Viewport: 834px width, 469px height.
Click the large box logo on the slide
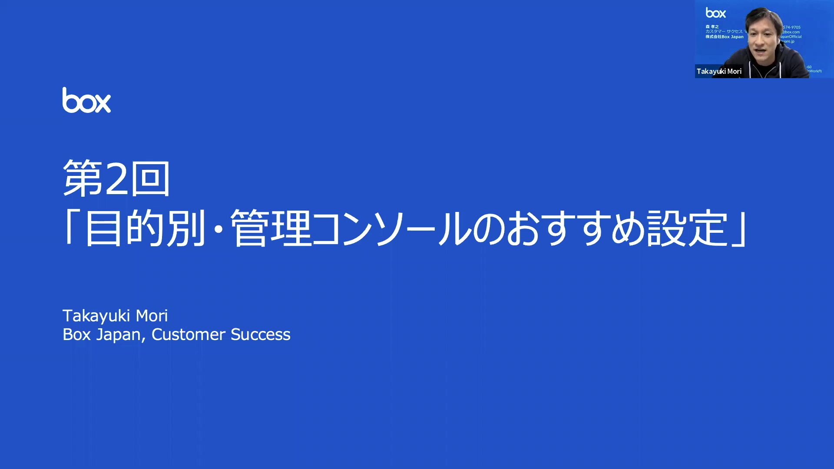coord(86,101)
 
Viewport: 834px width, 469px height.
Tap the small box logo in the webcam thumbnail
coord(715,13)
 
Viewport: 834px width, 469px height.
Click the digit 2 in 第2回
coord(116,178)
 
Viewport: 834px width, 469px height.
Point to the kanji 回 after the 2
coord(150,178)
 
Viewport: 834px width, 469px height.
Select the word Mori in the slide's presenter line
coord(152,316)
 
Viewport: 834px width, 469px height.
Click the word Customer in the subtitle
coord(188,334)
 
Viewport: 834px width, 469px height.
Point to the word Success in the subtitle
coord(260,334)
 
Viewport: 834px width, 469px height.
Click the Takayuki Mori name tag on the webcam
coord(719,71)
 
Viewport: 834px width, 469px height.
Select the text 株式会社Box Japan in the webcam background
coord(724,37)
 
